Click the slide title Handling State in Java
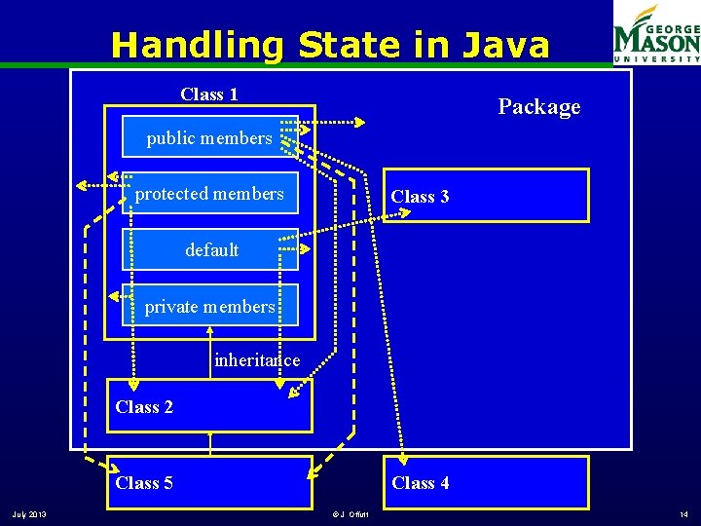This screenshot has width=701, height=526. pyautogui.click(x=330, y=45)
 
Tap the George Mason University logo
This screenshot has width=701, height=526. pyautogui.click(x=655, y=33)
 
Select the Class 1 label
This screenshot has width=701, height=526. pyautogui.click(x=209, y=94)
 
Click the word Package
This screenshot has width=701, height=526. pyautogui.click(x=538, y=107)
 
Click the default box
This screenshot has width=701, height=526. pyautogui.click(x=210, y=250)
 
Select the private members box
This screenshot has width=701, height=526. pyautogui.click(x=209, y=306)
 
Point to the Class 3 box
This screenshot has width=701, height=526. pyautogui.click(x=485, y=196)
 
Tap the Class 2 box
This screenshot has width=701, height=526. pyautogui.click(x=208, y=406)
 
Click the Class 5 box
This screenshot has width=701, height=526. pyautogui.click(x=208, y=482)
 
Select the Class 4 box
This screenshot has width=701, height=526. pyautogui.click(x=485, y=482)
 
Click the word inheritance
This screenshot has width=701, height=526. pyautogui.click(x=257, y=360)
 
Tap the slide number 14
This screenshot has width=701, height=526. pyautogui.click(x=683, y=514)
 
